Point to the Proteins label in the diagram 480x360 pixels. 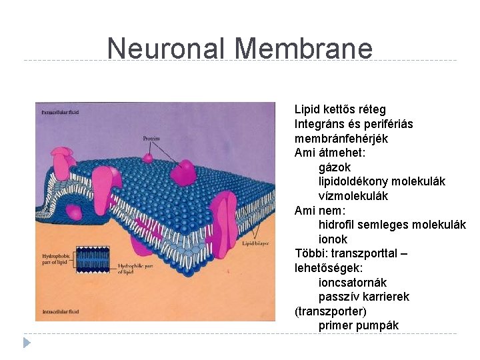click(x=152, y=139)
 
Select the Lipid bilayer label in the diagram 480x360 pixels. click(x=256, y=244)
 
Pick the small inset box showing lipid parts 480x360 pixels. click(x=93, y=261)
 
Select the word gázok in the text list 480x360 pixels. click(x=335, y=167)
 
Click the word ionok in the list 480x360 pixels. click(x=333, y=239)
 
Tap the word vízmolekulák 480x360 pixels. click(x=353, y=196)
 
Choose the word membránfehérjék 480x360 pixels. click(x=341, y=139)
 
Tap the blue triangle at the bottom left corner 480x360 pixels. click(x=27, y=343)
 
